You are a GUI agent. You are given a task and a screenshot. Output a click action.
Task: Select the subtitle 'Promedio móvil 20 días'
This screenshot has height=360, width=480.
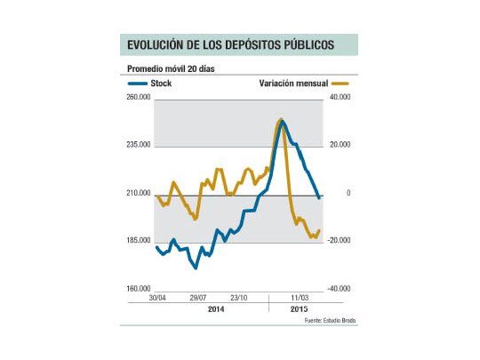(x=172, y=68)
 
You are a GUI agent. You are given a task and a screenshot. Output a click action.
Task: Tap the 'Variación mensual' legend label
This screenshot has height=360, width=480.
(x=293, y=83)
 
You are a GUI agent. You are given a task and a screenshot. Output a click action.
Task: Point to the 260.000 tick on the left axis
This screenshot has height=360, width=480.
(x=140, y=98)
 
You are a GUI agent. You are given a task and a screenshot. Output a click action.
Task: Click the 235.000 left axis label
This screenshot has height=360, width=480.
(x=140, y=145)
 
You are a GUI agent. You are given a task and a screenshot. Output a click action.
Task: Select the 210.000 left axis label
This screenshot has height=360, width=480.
(x=140, y=193)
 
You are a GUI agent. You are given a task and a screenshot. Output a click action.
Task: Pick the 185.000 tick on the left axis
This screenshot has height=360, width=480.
(x=140, y=241)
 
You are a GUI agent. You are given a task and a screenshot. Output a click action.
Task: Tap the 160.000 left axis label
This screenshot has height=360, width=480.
(x=140, y=289)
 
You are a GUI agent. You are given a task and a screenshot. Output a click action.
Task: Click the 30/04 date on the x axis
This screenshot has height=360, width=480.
(x=158, y=299)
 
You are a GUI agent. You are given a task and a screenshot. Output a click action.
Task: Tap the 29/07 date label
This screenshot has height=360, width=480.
(x=197, y=299)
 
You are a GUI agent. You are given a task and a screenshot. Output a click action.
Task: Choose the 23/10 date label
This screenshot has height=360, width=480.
(x=238, y=299)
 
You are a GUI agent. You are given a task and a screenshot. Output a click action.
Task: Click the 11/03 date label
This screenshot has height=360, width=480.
(x=300, y=299)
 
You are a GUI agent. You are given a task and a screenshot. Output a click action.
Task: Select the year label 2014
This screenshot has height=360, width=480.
(x=216, y=308)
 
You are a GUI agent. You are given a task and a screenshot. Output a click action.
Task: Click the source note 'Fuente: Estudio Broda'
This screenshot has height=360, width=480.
(x=329, y=319)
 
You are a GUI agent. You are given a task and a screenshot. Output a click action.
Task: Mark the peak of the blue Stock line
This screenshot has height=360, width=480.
(x=281, y=121)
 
